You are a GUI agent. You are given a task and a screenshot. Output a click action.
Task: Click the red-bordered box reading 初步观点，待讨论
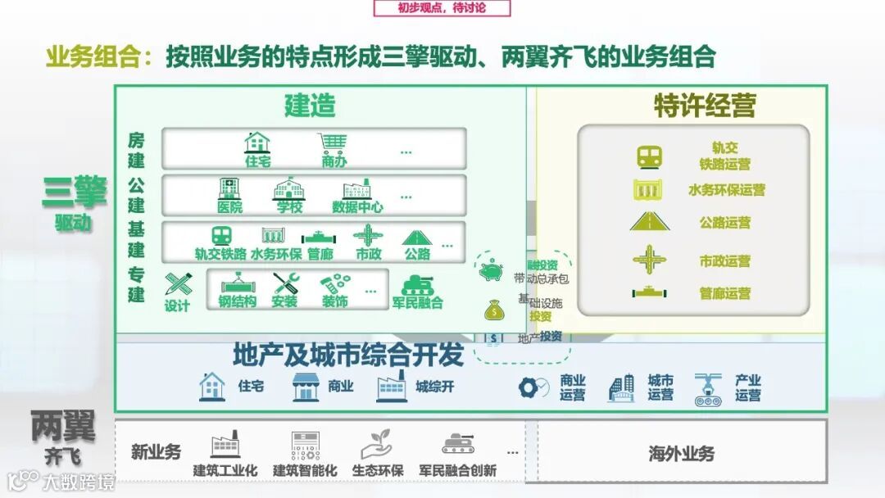(x=442, y=8)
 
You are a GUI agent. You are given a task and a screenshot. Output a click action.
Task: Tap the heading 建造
(x=310, y=106)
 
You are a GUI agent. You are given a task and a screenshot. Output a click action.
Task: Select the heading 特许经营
(x=704, y=106)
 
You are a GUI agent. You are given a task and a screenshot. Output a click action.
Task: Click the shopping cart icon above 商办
(x=334, y=143)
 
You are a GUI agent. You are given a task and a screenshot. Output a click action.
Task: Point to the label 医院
(x=230, y=207)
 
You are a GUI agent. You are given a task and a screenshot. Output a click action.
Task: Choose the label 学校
(x=289, y=207)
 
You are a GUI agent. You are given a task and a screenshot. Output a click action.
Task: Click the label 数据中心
(x=357, y=207)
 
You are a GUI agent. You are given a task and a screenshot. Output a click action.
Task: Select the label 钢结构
(x=237, y=302)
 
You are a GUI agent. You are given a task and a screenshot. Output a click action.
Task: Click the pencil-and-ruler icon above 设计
(x=177, y=284)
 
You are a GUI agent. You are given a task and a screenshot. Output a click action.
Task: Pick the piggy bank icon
(x=492, y=269)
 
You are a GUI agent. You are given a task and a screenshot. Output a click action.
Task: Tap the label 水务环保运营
(x=726, y=190)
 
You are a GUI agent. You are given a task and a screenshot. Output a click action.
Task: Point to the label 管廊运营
(x=724, y=293)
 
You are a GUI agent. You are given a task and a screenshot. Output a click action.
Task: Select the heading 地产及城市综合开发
(x=348, y=355)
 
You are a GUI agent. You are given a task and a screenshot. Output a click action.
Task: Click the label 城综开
(x=434, y=387)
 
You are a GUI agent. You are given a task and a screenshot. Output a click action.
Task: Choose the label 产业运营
(x=747, y=387)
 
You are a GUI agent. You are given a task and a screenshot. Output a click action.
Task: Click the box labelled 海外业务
(x=681, y=454)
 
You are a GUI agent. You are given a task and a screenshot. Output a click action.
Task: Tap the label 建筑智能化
(x=305, y=471)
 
